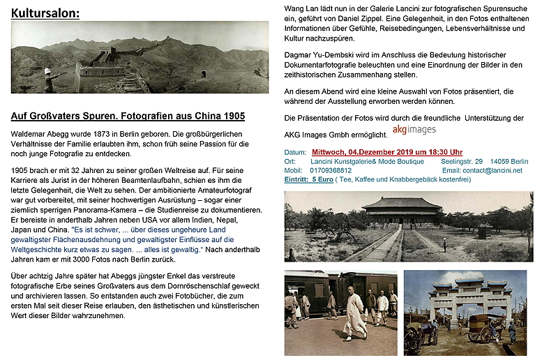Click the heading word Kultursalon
[x=45, y=13]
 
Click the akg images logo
[x=414, y=130]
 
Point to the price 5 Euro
[x=322, y=179]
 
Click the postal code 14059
[x=501, y=161]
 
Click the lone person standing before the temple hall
[x=444, y=245]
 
